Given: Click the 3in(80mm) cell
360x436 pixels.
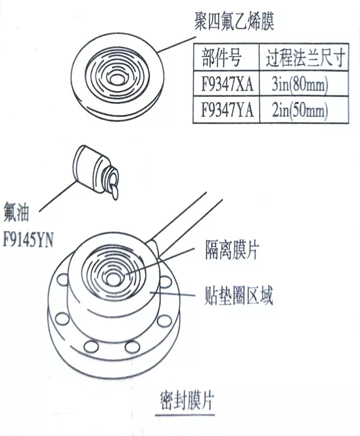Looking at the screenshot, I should click(x=300, y=84).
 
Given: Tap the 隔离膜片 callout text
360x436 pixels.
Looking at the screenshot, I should click(x=232, y=250).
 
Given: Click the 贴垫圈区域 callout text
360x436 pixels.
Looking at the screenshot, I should click(x=239, y=295).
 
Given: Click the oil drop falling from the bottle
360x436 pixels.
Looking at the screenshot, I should click(x=114, y=192).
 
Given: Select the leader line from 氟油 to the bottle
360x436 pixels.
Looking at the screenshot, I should click(x=57, y=197).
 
